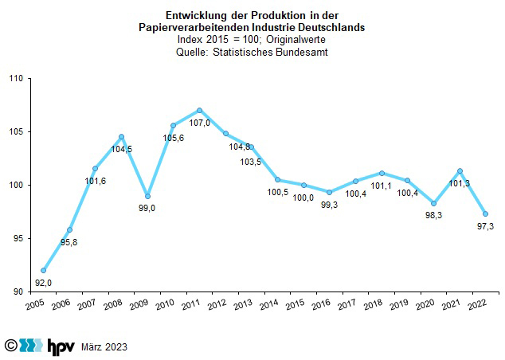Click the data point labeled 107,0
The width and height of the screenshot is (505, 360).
(199, 110)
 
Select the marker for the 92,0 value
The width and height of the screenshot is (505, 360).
(44, 270)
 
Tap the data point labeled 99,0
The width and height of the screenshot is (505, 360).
(147, 196)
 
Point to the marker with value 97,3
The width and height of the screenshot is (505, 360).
(485, 213)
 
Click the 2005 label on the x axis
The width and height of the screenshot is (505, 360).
(34, 306)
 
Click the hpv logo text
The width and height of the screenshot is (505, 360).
(61, 346)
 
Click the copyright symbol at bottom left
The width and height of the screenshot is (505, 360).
(10, 346)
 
